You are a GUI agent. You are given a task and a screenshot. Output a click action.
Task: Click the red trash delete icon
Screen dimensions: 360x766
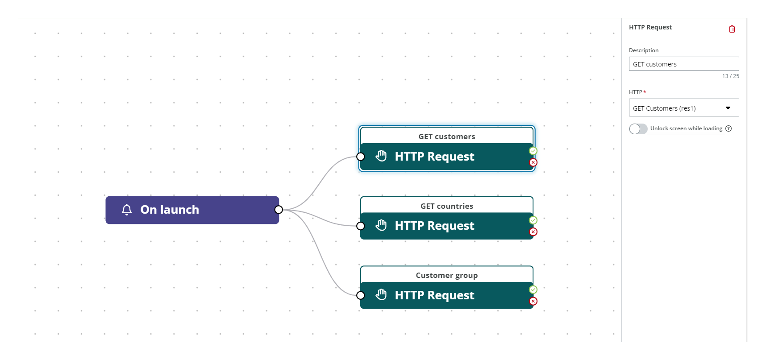coord(732,29)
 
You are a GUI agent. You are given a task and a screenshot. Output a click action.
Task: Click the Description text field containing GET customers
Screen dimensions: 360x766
coord(683,64)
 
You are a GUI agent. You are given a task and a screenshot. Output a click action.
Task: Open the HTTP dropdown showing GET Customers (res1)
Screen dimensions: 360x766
coord(683,108)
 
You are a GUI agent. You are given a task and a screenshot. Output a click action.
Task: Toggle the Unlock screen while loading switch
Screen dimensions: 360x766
coord(638,129)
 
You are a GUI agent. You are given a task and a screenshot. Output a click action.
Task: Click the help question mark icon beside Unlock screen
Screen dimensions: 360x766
coord(729,128)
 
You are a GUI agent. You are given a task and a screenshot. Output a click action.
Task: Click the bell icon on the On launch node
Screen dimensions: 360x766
coord(127,210)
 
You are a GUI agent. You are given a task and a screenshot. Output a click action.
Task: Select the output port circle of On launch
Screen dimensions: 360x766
coord(279,210)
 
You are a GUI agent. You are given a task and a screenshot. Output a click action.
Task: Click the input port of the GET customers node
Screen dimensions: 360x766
coord(361,157)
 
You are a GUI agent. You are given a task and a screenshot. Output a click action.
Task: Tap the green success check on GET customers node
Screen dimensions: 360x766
coord(533,151)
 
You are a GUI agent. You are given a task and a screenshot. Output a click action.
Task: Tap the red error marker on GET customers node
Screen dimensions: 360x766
coord(533,162)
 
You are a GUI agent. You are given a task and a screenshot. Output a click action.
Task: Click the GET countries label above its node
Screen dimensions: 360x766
coord(446,206)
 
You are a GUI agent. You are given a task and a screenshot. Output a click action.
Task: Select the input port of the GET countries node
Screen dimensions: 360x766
coord(361,226)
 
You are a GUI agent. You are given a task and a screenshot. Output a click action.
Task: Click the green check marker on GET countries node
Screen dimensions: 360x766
coord(533,220)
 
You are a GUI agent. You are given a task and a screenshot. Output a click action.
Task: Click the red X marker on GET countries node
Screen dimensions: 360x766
coord(533,232)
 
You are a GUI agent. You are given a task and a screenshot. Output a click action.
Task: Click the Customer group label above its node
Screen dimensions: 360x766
coord(446,275)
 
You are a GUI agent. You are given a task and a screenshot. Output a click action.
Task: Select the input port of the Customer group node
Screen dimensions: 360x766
coord(361,295)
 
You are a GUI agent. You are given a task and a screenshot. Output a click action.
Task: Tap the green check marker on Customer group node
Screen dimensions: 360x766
coord(533,290)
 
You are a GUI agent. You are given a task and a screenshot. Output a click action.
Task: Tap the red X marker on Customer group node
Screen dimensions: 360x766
coord(533,301)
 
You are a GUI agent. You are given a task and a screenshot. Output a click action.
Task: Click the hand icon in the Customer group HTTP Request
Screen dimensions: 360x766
coord(381,294)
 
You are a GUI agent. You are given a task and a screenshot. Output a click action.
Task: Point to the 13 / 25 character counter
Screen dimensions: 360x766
coord(730,76)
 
